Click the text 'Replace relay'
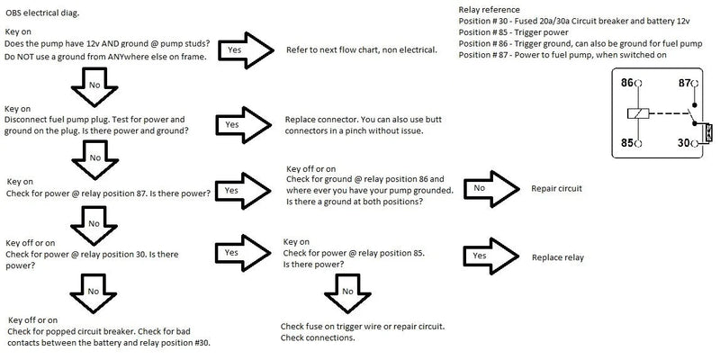pyautogui.click(x=558, y=257)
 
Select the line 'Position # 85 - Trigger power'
pyautogui.click(x=508, y=32)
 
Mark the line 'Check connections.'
pyautogui.click(x=318, y=337)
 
